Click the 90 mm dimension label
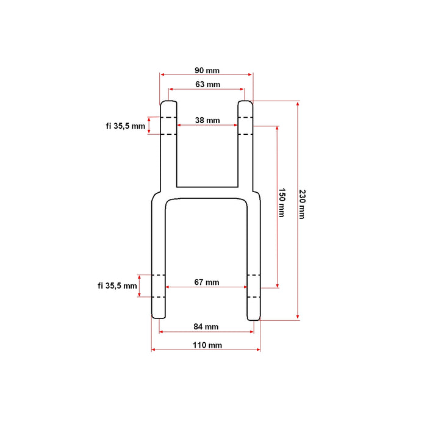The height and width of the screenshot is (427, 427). (x=207, y=71)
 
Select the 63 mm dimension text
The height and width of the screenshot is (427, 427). (x=208, y=84)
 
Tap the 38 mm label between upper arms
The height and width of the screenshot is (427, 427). (x=207, y=120)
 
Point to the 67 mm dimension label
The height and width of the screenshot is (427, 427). (x=207, y=282)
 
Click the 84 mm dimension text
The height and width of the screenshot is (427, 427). (x=206, y=326)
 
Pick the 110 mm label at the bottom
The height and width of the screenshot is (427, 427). (x=207, y=345)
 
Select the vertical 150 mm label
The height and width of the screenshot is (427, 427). (x=282, y=203)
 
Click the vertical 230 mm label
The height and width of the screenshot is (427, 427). (x=303, y=204)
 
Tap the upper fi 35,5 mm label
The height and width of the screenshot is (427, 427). (x=126, y=126)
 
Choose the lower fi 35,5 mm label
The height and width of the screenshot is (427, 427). (x=117, y=285)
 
